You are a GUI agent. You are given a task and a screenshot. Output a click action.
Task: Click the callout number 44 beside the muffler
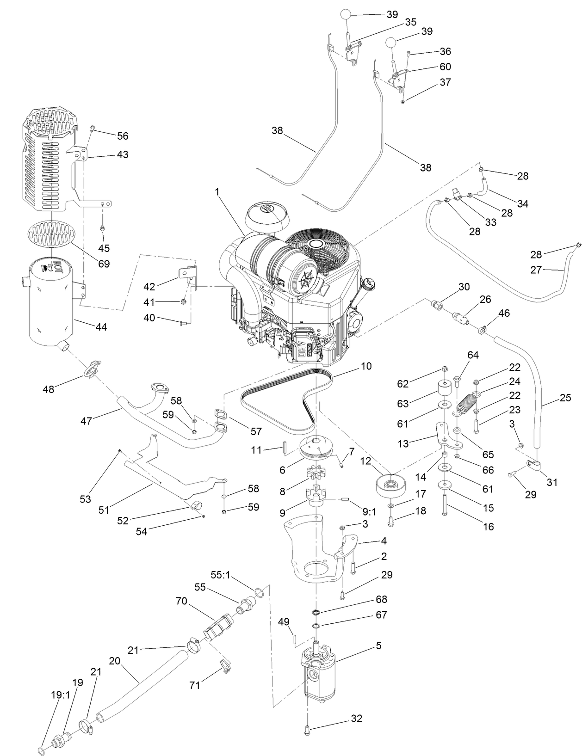pos(101,327)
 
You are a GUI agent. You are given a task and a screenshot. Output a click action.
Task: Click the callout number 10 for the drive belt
pos(366,366)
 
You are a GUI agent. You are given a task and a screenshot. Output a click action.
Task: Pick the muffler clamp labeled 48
pos(93,368)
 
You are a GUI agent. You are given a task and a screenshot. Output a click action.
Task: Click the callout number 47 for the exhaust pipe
pos(86,421)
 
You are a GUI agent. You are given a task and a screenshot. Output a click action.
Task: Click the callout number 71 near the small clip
pos(195,685)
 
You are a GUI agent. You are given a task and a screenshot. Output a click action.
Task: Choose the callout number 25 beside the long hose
pos(565,397)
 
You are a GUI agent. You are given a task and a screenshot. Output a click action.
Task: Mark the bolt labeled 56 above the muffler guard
pos(92,128)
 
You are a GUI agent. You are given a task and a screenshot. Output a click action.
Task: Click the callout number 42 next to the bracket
pos(149,286)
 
